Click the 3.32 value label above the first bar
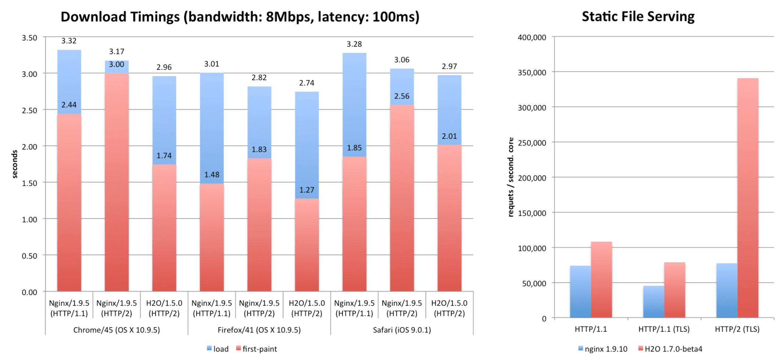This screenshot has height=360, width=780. tap(69, 41)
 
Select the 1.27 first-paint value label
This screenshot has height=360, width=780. tap(307, 190)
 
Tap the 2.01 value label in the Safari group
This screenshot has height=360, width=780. tap(449, 136)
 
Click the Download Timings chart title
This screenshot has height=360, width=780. tap(240, 17)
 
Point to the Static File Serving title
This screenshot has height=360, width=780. tap(638, 17)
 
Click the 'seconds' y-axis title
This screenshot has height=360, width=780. tap(15, 164)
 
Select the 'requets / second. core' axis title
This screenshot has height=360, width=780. tap(511, 177)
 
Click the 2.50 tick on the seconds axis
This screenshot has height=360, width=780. tap(29, 110)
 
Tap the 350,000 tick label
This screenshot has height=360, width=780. tap(532, 72)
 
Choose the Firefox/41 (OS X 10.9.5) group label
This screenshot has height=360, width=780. tap(259, 330)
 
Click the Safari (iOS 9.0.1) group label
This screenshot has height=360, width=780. tap(402, 330)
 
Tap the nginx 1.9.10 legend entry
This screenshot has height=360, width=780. tap(603, 349)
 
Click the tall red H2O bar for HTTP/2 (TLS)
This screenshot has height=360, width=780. tap(748, 198)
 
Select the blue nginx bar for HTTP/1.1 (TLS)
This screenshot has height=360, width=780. tap(654, 302)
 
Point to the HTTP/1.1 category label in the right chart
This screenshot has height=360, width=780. tap(591, 329)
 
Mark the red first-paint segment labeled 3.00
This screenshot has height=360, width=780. tap(117, 184)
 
